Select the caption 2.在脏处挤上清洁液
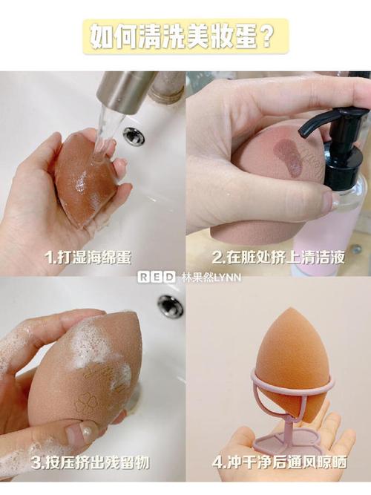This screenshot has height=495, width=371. (278, 258)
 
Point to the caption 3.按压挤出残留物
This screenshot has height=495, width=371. (90, 463)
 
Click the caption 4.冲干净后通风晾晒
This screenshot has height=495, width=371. (280, 463)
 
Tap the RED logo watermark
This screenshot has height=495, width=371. (157, 277)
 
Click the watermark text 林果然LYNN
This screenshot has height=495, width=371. (211, 277)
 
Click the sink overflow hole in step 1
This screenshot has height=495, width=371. (134, 135)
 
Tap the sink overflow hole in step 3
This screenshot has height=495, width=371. (170, 304)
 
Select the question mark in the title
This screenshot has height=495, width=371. (262, 36)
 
